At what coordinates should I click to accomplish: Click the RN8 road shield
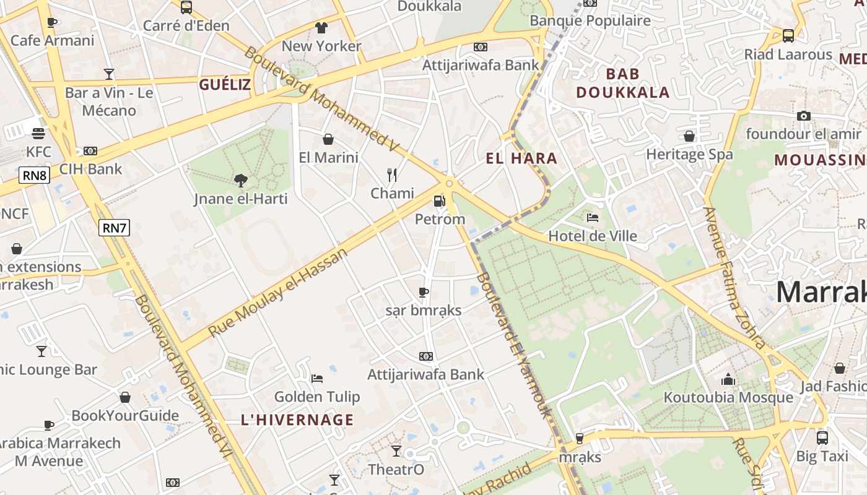point(35,175)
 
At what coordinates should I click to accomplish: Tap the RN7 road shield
point(115,228)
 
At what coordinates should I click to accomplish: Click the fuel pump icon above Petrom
point(439,201)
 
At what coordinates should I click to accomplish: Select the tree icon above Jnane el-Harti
point(241,181)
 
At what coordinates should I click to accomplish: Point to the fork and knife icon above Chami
point(392,175)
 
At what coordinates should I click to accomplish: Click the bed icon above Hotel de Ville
point(593,218)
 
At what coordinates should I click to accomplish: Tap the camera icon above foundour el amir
point(804,116)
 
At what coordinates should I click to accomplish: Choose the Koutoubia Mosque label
point(728,397)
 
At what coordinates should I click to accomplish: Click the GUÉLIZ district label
point(225,85)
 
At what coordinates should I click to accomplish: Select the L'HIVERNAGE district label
point(297,420)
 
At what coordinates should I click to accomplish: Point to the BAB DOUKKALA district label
point(623,83)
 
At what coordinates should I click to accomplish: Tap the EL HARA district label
point(521,158)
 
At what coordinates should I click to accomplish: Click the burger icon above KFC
point(38,133)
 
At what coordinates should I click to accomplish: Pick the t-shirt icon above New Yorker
point(321,28)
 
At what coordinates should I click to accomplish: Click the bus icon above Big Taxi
point(822,438)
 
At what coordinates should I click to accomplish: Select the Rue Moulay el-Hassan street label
point(278,292)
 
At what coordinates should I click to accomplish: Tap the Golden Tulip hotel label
point(316,397)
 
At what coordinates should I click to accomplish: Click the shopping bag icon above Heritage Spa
point(689,136)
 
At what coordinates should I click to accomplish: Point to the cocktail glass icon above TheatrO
point(396,451)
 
